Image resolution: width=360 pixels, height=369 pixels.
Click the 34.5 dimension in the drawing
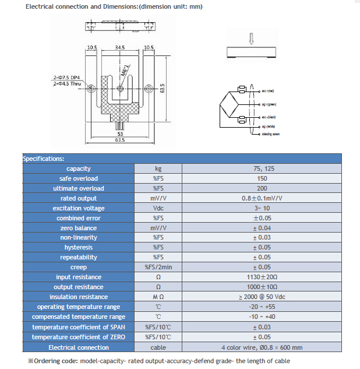pos(119,48)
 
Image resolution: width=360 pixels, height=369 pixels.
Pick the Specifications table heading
pos(43,159)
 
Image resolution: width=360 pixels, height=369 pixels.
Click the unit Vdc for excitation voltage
pos(158,208)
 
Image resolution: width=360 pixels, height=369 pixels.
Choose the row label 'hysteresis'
pos(78,247)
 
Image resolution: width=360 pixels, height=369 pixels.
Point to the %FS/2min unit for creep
pos(158,267)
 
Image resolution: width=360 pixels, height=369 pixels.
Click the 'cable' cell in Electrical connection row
pos(158,347)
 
